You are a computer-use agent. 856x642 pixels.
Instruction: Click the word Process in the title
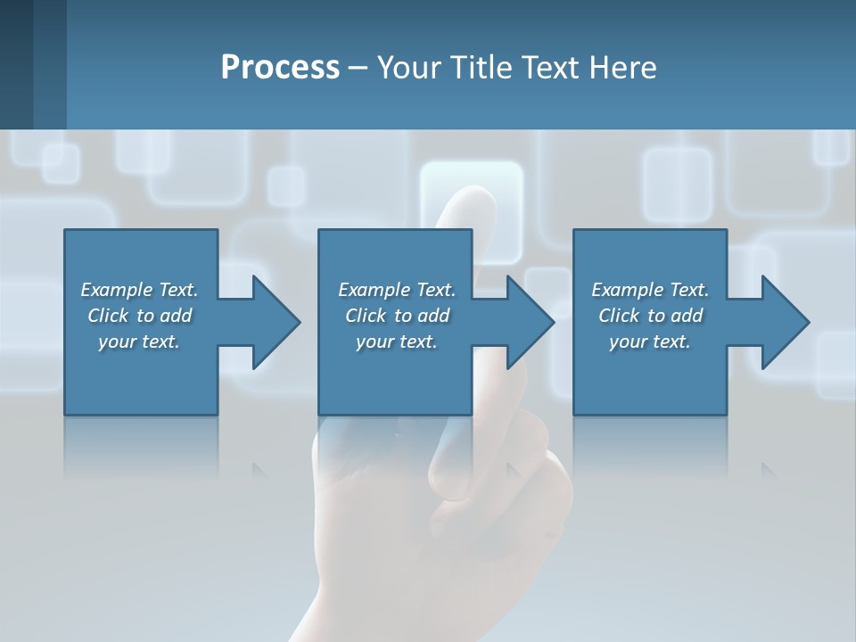click(x=280, y=68)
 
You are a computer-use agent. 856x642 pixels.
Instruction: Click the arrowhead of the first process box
click(x=276, y=322)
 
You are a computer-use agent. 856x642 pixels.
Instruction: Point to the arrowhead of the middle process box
click(x=530, y=322)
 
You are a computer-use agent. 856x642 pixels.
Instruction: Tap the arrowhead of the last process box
click(x=785, y=322)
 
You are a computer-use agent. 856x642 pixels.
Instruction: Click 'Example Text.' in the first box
click(x=139, y=290)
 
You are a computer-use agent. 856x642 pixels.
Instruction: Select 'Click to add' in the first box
click(x=139, y=316)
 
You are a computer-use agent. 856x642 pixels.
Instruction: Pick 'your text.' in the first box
click(x=139, y=342)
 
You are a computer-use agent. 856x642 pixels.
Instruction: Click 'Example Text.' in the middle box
click(x=397, y=290)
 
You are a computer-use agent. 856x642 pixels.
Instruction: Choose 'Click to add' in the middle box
click(x=397, y=316)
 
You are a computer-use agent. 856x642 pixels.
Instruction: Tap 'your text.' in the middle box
click(x=397, y=342)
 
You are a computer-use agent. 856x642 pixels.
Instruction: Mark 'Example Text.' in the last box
click(x=650, y=290)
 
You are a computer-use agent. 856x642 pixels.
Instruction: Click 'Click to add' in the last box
click(x=650, y=316)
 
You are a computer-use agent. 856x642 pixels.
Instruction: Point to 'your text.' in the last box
click(x=650, y=342)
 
